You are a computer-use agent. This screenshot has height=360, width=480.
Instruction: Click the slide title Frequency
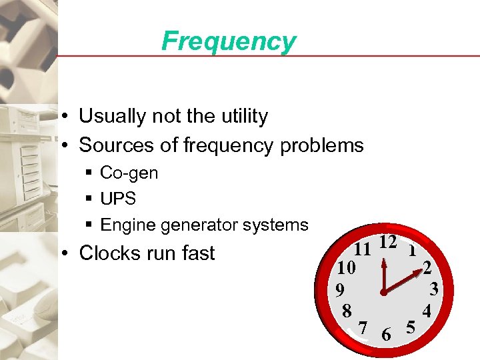228,41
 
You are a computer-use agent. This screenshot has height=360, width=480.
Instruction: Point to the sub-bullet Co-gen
129,173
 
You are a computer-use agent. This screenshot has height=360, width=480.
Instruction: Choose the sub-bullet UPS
117,199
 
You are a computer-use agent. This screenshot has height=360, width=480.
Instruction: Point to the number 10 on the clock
347,268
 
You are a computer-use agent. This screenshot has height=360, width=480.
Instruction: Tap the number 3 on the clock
433,289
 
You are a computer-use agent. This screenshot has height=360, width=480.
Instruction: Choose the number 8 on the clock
346,311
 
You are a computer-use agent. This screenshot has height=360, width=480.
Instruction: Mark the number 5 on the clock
411,327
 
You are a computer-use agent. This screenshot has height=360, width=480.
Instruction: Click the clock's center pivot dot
384,293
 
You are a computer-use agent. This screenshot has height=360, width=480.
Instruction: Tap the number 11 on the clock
362,250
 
